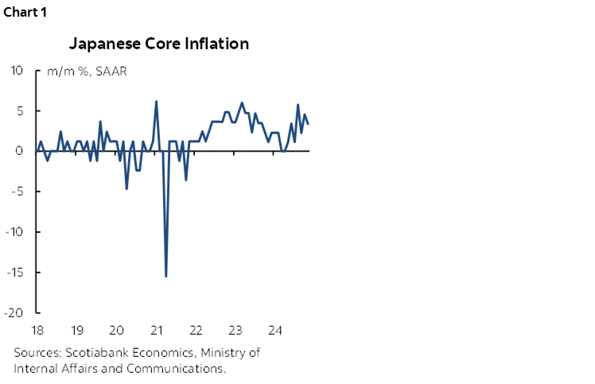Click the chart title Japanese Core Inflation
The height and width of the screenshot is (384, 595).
coord(158,44)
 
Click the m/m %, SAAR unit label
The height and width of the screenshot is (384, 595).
coord(87,72)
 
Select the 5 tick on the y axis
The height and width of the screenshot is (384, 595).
coord(22,111)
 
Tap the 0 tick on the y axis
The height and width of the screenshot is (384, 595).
coord(22,151)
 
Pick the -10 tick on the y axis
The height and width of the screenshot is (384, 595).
coord(17,232)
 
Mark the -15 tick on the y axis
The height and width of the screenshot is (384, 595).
coord(17,273)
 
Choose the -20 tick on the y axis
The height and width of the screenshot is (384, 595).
coord(17,313)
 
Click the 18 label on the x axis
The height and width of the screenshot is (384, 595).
coord(38,330)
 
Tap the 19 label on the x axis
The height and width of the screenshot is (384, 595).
coord(77,330)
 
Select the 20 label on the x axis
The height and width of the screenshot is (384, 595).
coord(116,330)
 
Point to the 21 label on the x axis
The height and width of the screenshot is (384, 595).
coord(157,330)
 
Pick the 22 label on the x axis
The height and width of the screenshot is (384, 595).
coord(196,330)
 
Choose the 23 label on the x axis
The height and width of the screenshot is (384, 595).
coord(235,330)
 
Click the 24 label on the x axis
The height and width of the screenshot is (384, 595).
coord(275,330)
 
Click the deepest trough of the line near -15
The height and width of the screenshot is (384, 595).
coord(165,276)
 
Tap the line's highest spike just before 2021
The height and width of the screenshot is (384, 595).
coord(156,101)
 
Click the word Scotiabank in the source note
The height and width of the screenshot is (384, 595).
coord(95,353)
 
